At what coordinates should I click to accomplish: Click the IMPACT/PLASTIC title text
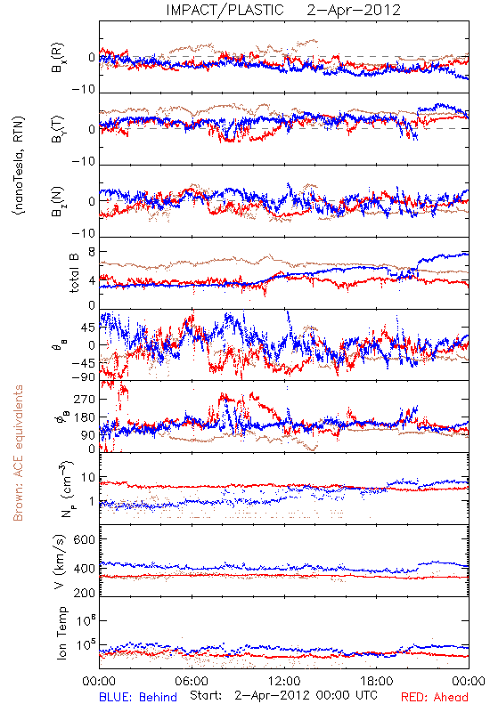coord(225,10)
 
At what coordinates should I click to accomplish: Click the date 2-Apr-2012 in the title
coord(354,10)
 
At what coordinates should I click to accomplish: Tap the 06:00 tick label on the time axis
coord(192,681)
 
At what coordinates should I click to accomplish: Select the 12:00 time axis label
coord(284,681)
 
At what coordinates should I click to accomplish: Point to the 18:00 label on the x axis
coord(377,681)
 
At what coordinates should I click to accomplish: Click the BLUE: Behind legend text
coord(138,697)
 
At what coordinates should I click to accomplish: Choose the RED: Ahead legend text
coord(434,697)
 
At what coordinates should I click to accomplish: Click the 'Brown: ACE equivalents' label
coord(18,453)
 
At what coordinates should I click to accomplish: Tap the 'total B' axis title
coord(74,273)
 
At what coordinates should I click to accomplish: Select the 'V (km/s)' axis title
coord(60,562)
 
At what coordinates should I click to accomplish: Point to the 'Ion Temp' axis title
coord(61,633)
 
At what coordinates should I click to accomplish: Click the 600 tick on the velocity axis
coord(84,539)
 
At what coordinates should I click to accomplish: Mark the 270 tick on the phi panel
coord(84,400)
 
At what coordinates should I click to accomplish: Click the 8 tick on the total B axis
coord(92,252)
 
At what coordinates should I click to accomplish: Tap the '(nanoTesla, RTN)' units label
coord(19,166)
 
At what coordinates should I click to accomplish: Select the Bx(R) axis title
coord(58,58)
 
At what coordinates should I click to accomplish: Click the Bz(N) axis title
coord(58,201)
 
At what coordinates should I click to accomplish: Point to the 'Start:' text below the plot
coord(206,695)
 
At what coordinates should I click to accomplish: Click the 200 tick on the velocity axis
coord(84,593)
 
